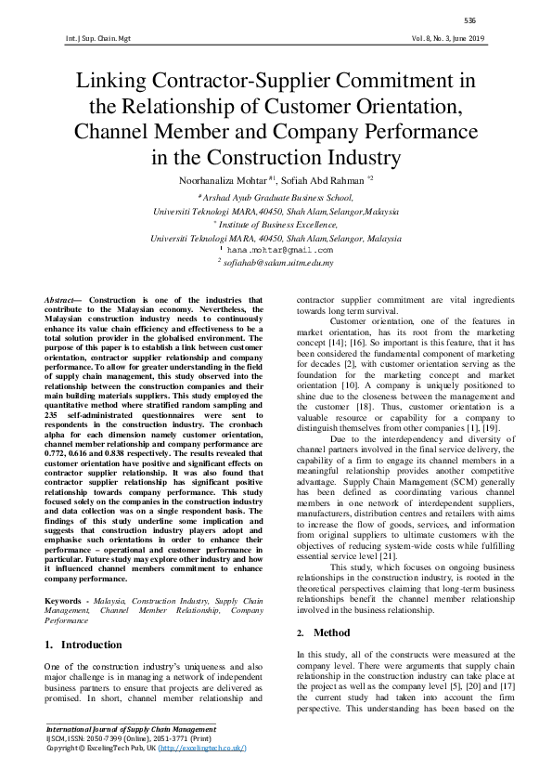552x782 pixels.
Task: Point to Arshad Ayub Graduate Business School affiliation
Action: (x=276, y=197)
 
